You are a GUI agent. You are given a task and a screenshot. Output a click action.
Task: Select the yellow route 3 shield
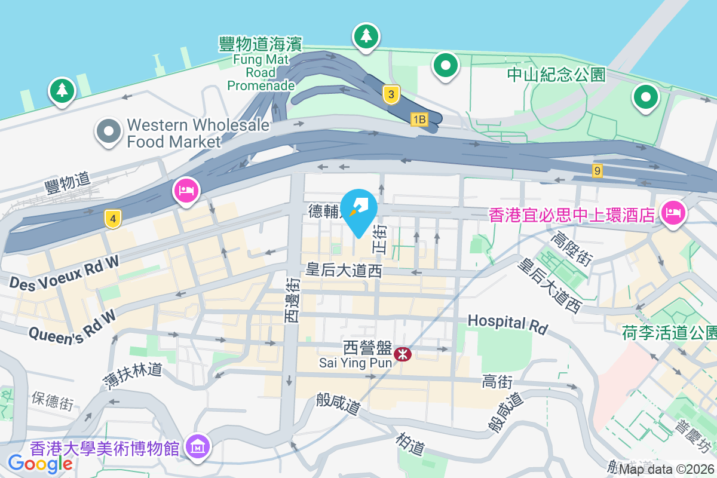click(x=391, y=94)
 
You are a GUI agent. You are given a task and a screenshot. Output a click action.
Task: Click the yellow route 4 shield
click(x=112, y=219)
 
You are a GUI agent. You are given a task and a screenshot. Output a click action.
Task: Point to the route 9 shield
click(x=597, y=171)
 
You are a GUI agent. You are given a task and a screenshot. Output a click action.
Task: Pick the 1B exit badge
click(x=419, y=119)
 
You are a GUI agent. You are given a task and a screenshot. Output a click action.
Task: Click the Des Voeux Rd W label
click(x=64, y=272)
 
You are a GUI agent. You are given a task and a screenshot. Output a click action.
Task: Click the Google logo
click(x=40, y=463)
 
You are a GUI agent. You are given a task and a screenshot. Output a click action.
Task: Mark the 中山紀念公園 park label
click(x=556, y=75)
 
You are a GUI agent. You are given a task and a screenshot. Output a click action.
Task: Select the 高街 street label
click(x=497, y=382)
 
